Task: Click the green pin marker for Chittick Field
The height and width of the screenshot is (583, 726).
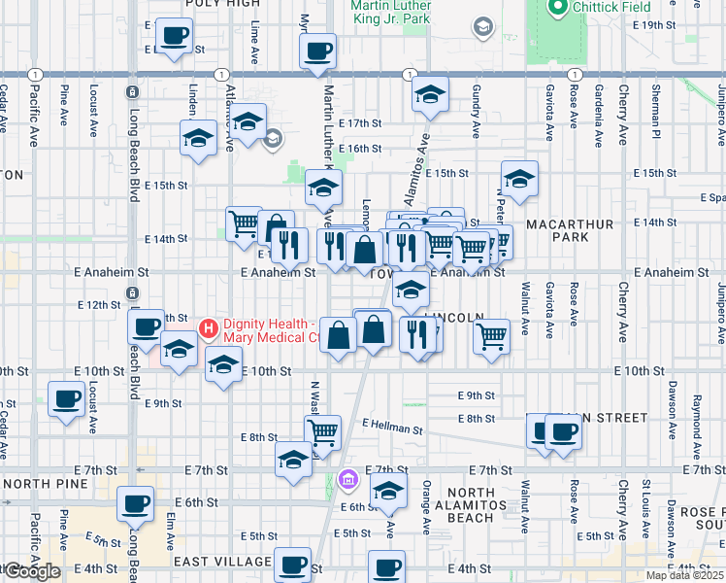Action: (x=556, y=9)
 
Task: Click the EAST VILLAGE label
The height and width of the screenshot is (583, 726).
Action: (x=222, y=562)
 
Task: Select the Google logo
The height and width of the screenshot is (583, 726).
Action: (x=31, y=571)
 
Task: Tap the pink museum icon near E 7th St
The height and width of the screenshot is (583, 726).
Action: (x=348, y=479)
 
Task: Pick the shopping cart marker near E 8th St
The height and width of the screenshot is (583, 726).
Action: (x=322, y=430)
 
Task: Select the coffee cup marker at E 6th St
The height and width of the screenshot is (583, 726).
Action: (x=135, y=503)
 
